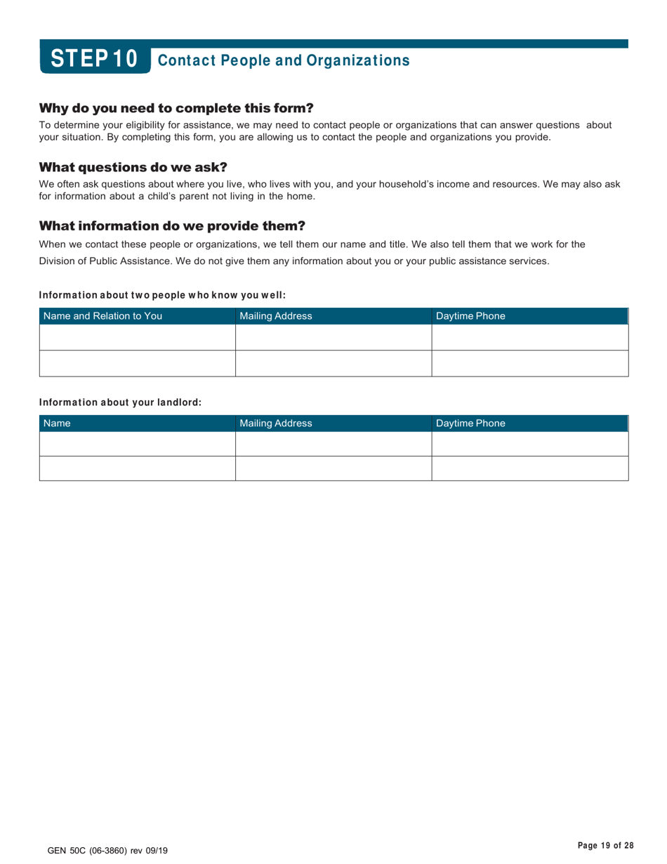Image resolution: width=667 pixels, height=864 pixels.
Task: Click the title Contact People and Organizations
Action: click(x=284, y=60)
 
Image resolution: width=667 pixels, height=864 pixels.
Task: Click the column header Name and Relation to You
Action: click(x=103, y=316)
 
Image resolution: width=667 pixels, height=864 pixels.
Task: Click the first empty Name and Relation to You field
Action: click(x=137, y=338)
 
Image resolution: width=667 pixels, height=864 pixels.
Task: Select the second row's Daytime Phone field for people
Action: click(x=529, y=364)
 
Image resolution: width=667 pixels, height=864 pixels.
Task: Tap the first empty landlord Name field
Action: click(x=137, y=444)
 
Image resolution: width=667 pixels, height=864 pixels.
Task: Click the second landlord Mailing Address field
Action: click(x=333, y=469)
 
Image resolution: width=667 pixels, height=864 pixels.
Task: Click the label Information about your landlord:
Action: click(x=120, y=402)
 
